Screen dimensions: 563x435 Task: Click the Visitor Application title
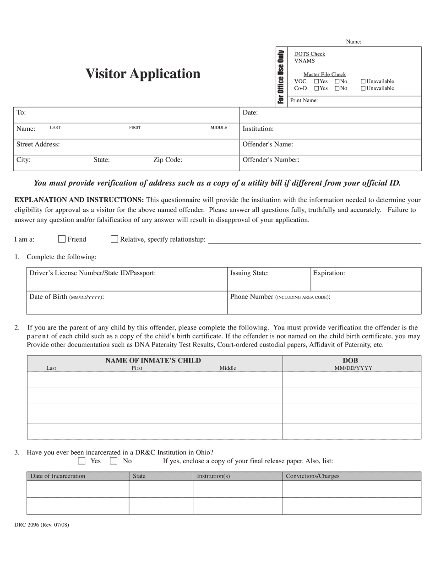(143, 74)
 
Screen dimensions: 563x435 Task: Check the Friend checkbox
(62, 239)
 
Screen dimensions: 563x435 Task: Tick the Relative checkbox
(114, 239)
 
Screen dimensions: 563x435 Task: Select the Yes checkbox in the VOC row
(316, 81)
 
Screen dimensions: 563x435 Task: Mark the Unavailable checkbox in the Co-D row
(363, 88)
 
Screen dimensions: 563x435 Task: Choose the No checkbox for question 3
(114, 461)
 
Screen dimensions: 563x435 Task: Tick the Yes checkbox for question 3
(82, 461)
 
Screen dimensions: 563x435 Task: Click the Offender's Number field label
(271, 160)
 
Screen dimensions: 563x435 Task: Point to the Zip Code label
(168, 160)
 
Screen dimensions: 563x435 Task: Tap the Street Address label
(38, 144)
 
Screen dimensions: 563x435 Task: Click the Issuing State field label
(249, 273)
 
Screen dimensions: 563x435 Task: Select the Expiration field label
(329, 273)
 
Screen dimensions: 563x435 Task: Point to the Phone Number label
(251, 297)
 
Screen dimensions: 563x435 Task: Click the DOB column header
(350, 361)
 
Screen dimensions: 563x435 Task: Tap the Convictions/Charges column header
(313, 476)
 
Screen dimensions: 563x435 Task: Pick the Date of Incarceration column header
(58, 476)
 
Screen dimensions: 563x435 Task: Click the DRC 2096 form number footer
(42, 525)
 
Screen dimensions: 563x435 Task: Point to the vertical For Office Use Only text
(281, 76)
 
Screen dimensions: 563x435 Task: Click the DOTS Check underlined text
(310, 54)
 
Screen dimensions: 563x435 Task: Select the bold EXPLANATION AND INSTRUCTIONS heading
(79, 200)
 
